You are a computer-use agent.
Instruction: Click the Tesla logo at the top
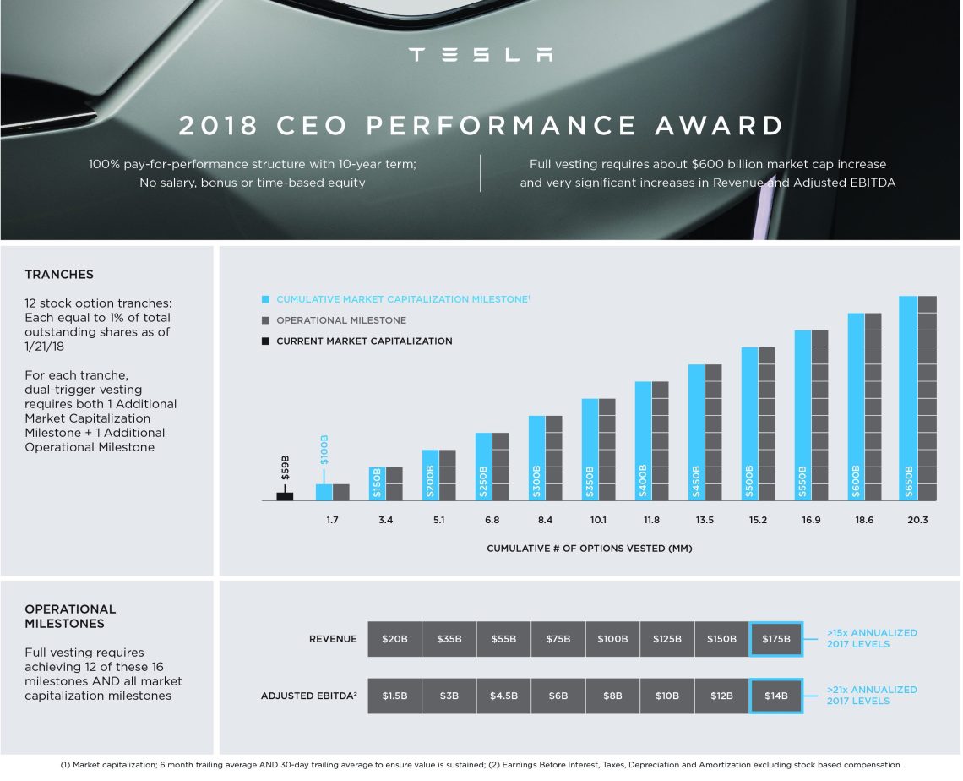click(481, 55)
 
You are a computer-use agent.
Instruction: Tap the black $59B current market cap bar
click(285, 496)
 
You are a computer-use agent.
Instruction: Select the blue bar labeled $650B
click(908, 398)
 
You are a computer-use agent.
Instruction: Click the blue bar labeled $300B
click(536, 458)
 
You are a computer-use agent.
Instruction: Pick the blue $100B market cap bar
click(324, 492)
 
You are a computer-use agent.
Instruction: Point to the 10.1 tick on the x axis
click(598, 520)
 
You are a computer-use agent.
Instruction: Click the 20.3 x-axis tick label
click(917, 520)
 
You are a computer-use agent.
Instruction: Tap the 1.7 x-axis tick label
click(332, 520)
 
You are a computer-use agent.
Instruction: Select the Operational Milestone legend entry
click(340, 320)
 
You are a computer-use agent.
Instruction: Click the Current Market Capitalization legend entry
click(363, 341)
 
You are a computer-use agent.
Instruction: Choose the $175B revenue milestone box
click(775, 639)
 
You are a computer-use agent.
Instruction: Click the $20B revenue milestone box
click(394, 639)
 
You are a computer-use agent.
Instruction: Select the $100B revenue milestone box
click(612, 639)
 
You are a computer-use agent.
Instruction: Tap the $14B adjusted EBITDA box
click(775, 696)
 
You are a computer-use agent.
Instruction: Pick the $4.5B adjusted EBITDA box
click(503, 696)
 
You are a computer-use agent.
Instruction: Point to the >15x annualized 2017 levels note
click(871, 638)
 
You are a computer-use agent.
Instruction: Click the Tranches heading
click(59, 275)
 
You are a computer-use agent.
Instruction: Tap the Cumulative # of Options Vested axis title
click(589, 549)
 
